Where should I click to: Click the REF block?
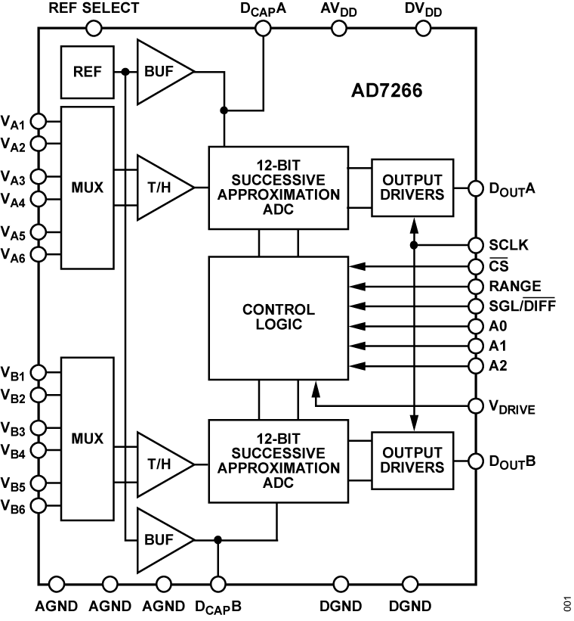[88, 73]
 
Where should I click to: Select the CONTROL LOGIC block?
[278, 318]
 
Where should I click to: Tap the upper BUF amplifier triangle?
[160, 73]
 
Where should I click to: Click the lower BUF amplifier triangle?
[160, 540]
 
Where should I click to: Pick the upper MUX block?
[87, 188]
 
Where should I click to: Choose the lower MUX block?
[87, 439]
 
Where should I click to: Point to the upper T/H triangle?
[160, 188]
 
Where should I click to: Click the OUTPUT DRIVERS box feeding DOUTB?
[412, 460]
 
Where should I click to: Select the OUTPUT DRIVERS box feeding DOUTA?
[412, 188]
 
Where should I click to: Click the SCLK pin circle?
[476, 245]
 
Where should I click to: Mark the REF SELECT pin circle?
[94, 29]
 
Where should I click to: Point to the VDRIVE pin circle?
[476, 406]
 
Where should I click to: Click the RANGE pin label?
[515, 286]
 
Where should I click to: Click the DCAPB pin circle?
[218, 584]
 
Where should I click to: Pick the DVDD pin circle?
[424, 29]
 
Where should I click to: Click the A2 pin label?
[497, 366]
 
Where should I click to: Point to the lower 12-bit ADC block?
[278, 460]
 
